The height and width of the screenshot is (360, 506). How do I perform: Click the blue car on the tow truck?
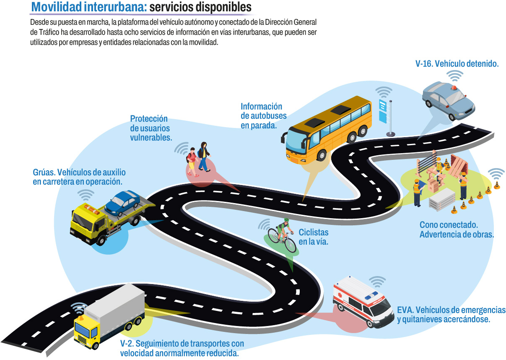[122, 202]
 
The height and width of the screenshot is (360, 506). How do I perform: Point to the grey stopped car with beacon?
[448, 101]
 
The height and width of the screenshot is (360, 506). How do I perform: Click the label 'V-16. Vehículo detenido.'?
[457, 64]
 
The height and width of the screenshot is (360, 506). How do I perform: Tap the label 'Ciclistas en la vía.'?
[313, 237]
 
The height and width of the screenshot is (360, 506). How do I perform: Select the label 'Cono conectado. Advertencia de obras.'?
[456, 230]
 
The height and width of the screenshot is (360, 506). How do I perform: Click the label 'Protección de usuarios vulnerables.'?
[150, 128]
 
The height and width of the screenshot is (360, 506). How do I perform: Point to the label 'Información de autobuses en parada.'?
[263, 116]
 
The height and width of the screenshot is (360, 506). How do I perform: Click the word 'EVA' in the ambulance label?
[405, 310]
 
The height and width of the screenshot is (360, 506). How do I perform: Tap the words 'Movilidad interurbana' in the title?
[89, 7]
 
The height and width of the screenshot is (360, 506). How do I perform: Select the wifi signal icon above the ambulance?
[376, 281]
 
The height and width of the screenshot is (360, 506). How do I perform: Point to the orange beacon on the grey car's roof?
[453, 88]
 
